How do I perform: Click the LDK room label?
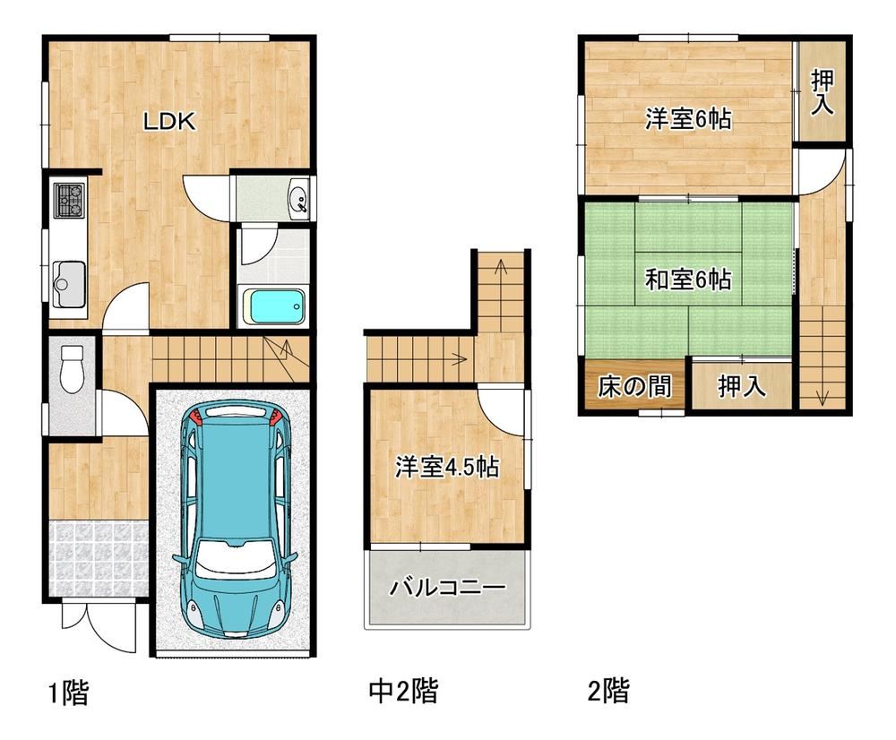coord(169,121)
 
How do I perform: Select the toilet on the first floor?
coord(72,368)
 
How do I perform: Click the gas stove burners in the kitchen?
coord(70,200)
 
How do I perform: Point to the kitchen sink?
coord(69,284)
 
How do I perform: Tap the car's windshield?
coord(233,556)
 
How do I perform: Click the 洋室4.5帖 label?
coord(447,466)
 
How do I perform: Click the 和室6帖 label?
coord(688,280)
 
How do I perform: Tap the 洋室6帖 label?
coord(688,119)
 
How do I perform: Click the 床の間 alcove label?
coord(634,386)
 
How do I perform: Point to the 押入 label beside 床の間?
coord(742,386)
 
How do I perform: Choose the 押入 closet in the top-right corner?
coord(822,91)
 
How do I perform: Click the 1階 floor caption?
coord(68,693)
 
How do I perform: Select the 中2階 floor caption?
coord(403,691)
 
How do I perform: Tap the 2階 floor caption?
coord(608,691)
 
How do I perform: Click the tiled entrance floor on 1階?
coord(99,558)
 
